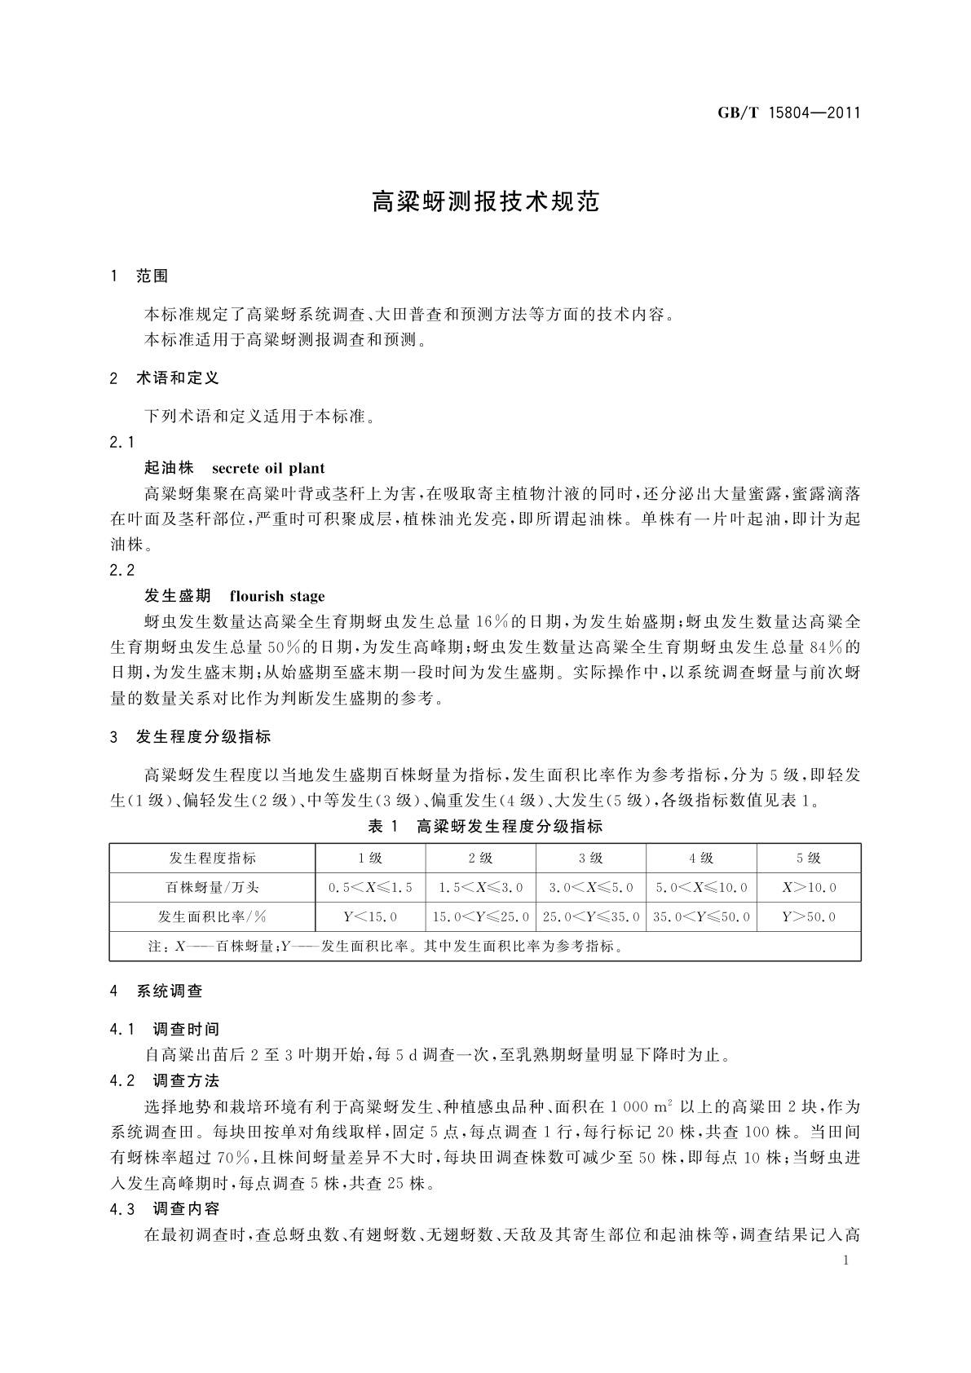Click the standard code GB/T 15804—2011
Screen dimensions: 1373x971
tap(789, 113)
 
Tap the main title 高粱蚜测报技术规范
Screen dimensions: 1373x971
tap(485, 202)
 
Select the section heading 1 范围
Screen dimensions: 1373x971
tap(139, 276)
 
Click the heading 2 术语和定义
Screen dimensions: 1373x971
tap(165, 378)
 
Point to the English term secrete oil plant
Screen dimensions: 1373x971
tap(268, 469)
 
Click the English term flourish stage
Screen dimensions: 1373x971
tap(277, 596)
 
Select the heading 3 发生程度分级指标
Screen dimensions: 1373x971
tap(191, 737)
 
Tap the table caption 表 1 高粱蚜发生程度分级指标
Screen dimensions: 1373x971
tap(485, 827)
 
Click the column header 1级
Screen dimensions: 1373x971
tap(369, 858)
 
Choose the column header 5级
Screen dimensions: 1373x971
tap(808, 858)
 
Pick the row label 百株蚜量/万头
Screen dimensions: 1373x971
tap(212, 887)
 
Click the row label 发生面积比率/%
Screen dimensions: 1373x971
tap(212, 916)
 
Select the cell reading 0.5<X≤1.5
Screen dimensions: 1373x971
tap(370, 887)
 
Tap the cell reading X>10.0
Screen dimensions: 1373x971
tap(809, 887)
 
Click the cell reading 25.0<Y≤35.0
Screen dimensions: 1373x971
tap(591, 917)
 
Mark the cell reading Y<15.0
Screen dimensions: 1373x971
tap(370, 917)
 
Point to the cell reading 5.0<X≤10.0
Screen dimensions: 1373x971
tap(701, 887)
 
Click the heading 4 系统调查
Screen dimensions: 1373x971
tap(157, 991)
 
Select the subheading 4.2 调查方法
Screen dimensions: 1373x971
tap(165, 1081)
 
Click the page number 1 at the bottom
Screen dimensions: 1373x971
tap(845, 1260)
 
